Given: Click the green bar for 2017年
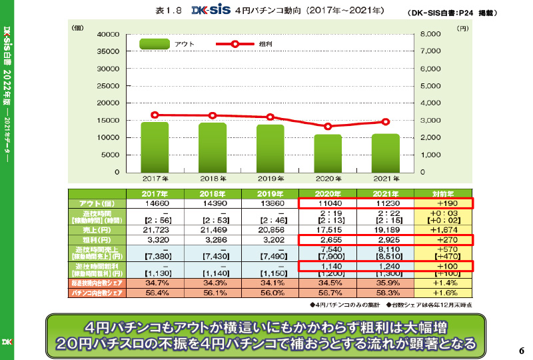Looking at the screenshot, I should [155, 147].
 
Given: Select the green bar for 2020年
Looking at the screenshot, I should [328, 153].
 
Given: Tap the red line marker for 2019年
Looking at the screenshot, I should [270, 117].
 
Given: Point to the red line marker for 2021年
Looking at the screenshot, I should [386, 122].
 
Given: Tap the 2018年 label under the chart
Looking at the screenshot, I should [212, 179].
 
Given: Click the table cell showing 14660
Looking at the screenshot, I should [155, 203].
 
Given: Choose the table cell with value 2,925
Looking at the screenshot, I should [386, 239].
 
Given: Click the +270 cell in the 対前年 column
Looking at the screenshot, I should [442, 239].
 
